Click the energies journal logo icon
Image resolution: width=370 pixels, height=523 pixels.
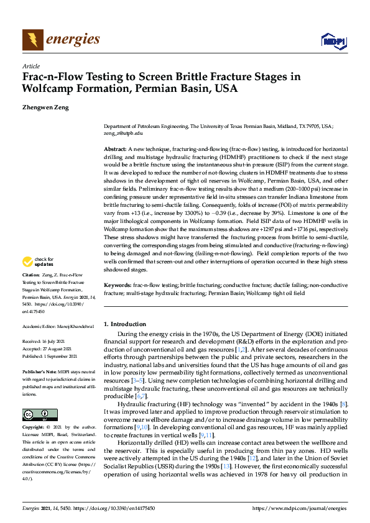(33, 40)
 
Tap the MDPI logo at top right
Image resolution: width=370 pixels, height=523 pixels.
(333, 41)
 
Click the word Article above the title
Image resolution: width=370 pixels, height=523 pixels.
(30, 66)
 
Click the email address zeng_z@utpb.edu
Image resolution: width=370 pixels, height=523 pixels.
(123, 133)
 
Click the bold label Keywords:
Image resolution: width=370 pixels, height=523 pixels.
(117, 284)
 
